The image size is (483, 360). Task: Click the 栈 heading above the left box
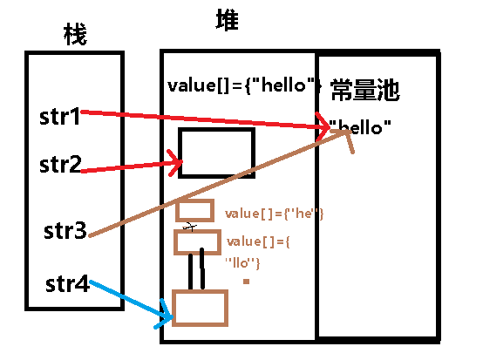[76, 36]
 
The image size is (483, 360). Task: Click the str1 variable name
[60, 116]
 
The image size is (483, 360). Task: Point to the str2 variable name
[60, 163]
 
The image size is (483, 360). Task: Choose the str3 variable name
[65, 232]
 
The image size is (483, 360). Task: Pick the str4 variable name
[67, 285]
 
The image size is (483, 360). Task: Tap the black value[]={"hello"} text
[245, 86]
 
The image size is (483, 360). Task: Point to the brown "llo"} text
[243, 262]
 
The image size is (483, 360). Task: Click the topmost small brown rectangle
[194, 210]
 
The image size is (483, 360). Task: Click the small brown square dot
[247, 281]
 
